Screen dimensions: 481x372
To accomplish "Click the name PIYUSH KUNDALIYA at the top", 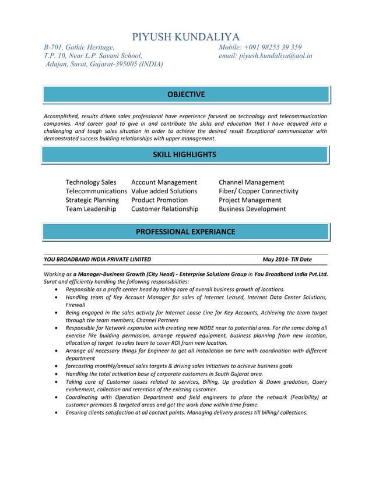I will click(185, 37).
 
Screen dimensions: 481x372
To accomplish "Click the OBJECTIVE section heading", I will click(186, 94).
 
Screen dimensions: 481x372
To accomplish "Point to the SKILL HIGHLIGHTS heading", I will click(184, 154).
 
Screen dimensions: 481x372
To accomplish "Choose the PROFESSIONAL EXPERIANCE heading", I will click(185, 231).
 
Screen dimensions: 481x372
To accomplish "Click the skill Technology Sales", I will click(91, 182).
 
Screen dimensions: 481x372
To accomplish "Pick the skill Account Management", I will click(164, 182).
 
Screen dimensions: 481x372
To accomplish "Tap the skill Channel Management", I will click(251, 182).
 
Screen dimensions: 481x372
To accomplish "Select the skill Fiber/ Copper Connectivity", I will click(258, 191).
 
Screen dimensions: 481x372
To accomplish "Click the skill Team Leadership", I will click(90, 208).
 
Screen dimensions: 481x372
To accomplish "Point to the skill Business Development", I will click(252, 208).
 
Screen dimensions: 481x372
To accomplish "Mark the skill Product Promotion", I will click(159, 200).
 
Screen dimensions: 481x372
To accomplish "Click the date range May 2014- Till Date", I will click(287, 259).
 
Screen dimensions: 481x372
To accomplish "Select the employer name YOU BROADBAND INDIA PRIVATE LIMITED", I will click(97, 259).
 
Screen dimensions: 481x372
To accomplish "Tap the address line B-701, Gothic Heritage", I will click(79, 47).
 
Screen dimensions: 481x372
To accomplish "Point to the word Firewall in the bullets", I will click(75, 305).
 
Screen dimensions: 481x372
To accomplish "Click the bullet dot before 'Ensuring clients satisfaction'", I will click(55, 413).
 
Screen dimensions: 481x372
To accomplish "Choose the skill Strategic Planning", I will click(92, 200).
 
